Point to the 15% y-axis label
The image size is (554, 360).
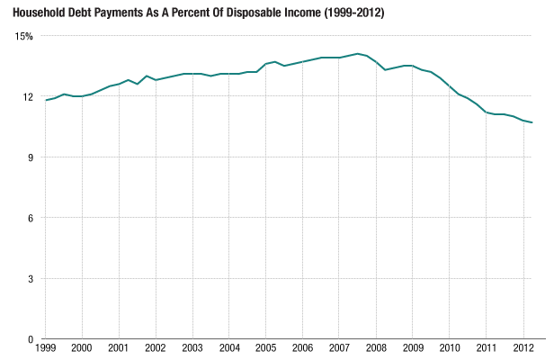[23, 36]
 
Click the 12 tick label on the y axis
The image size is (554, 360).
[28, 97]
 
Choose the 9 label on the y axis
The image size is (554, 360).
[31, 157]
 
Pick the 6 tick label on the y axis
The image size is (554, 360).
[31, 218]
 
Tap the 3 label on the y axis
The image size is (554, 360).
[31, 279]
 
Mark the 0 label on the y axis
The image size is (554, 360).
[31, 339]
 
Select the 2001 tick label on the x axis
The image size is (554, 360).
[119, 348]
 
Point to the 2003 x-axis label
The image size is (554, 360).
[192, 348]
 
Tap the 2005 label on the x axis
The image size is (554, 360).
[265, 348]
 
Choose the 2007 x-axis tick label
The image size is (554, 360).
[339, 348]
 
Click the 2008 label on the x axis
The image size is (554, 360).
[376, 348]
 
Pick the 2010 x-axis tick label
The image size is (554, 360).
[450, 348]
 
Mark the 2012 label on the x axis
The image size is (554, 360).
[523, 348]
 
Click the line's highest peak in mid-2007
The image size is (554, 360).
[357, 54]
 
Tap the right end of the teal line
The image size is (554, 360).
[532, 122]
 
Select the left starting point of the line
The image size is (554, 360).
[45, 100]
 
